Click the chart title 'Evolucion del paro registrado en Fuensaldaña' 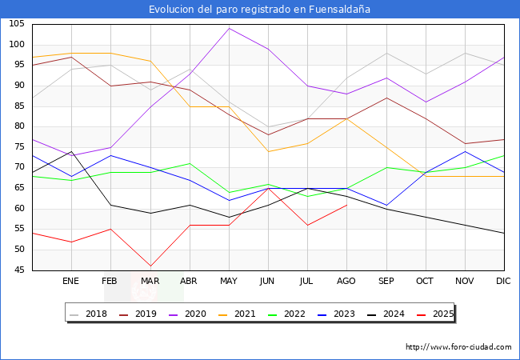pos(260,10)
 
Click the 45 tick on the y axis pos(18,270)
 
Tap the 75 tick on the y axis pos(18,147)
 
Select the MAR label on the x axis pos(150,282)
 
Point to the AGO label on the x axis pos(346,282)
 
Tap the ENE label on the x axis pos(71,282)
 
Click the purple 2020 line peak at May pos(229,28)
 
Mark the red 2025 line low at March pos(150,266)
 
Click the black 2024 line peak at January pos(71,151)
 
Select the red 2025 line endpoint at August pos(346,205)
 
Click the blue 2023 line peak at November pos(465,151)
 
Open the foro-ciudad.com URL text pos(458,347)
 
